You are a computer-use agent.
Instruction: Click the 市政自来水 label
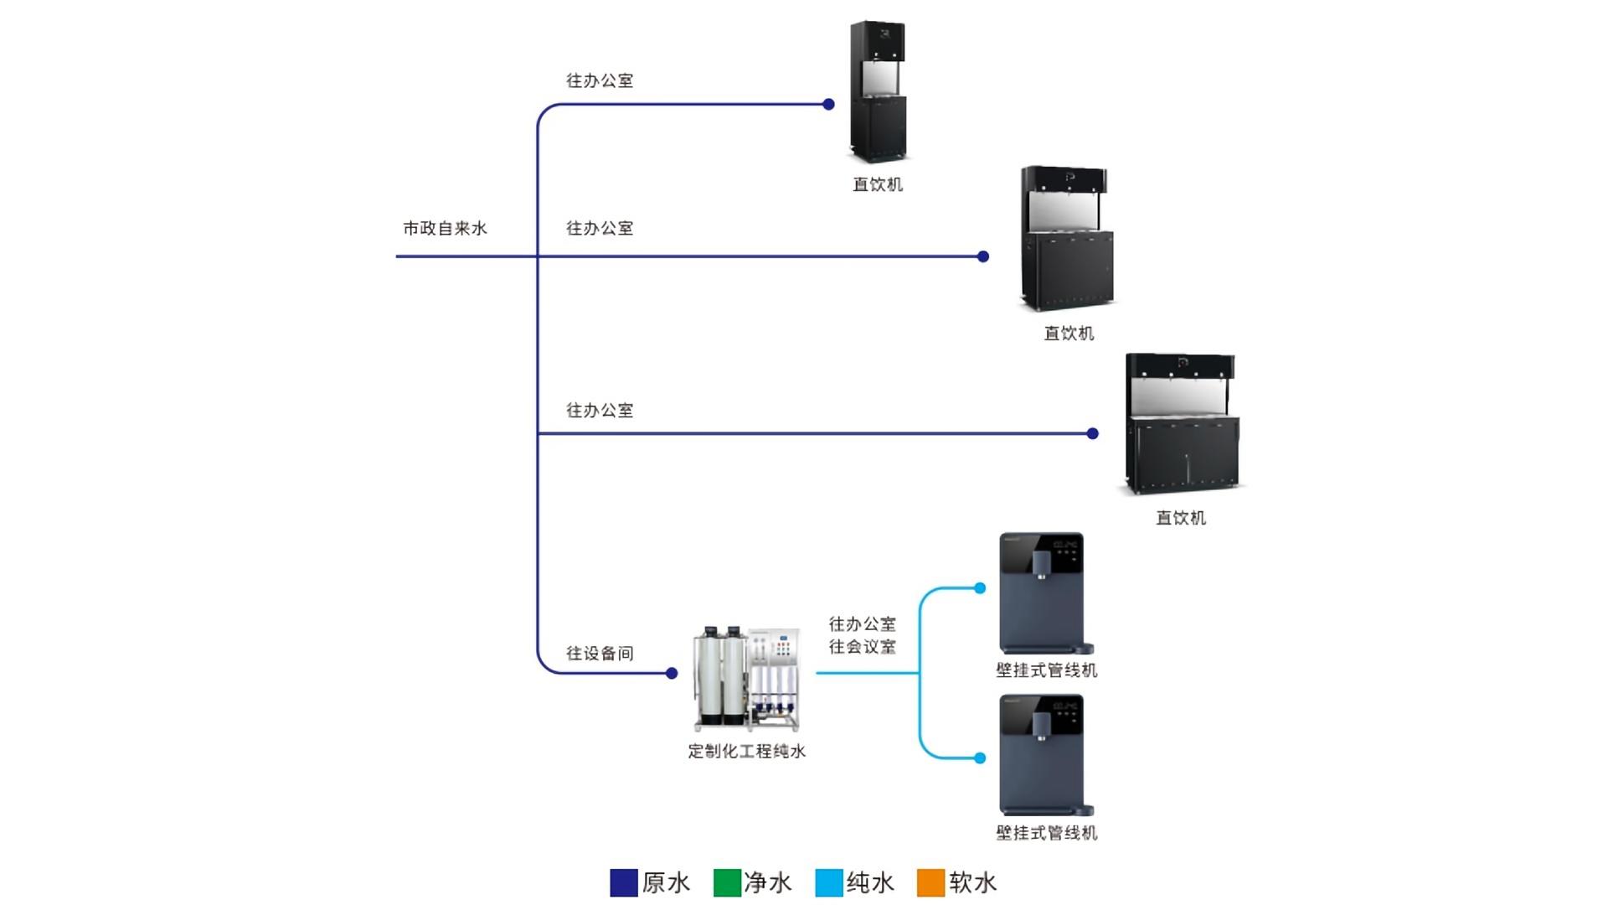tap(445, 228)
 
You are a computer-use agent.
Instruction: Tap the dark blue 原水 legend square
tap(624, 882)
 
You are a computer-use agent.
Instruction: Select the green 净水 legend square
tap(727, 882)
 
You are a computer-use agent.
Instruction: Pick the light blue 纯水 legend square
tap(829, 882)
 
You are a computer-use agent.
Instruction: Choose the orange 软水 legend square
tap(931, 882)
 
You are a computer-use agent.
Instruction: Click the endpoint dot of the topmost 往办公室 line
tap(828, 105)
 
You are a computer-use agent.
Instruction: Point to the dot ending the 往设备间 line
tap(672, 673)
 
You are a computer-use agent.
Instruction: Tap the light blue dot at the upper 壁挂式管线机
tap(980, 588)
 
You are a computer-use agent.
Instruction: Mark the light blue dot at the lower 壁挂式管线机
tap(980, 758)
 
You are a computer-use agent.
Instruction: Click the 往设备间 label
tap(600, 654)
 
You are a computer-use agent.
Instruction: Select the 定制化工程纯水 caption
tap(746, 752)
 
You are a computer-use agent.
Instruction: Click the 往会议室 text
tap(863, 647)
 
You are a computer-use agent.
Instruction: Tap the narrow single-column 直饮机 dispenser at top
tap(878, 92)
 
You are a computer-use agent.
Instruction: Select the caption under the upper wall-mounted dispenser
tap(1046, 670)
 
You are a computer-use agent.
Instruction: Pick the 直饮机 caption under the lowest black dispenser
tap(1181, 518)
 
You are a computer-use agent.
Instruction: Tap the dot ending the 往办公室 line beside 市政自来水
tap(983, 256)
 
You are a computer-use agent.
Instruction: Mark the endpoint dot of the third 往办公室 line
tap(1092, 433)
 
